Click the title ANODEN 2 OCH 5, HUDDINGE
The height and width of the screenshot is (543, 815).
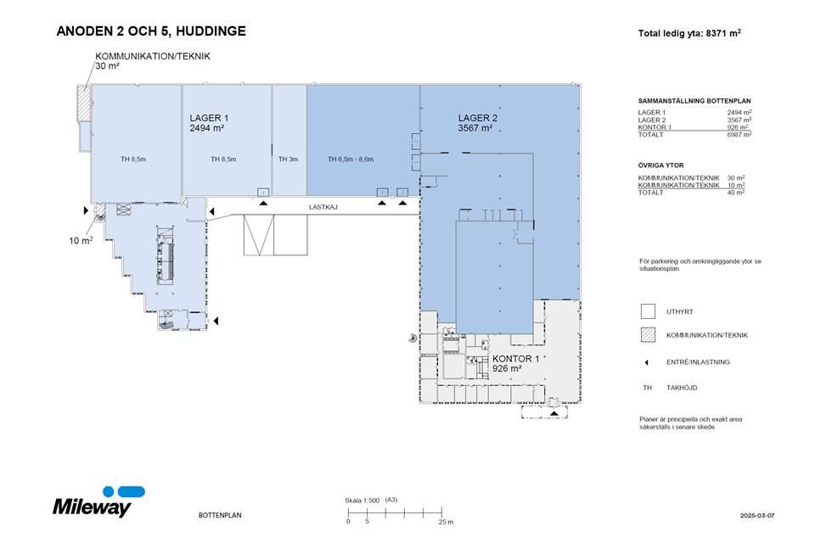[x=151, y=31]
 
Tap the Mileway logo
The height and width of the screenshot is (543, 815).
[x=98, y=502]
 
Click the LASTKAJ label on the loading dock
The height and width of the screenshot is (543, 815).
[x=323, y=207]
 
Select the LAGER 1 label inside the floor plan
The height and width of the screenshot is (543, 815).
[x=209, y=118]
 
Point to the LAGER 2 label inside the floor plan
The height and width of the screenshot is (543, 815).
[x=478, y=118]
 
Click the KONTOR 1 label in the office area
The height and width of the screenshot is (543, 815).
[x=515, y=359]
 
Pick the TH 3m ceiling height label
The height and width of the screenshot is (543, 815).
[x=288, y=159]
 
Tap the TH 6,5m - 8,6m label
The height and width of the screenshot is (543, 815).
[x=351, y=159]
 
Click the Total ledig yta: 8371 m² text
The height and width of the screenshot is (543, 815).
[x=689, y=33]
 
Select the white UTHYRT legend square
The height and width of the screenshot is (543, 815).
[x=648, y=311]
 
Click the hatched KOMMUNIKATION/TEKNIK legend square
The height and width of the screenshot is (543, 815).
[x=648, y=335]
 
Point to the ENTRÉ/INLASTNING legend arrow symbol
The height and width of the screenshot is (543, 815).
[x=647, y=362]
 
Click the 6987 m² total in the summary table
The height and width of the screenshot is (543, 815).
[x=739, y=135]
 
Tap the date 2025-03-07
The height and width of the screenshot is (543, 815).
[x=757, y=516]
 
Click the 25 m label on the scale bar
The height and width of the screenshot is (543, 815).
[x=446, y=522]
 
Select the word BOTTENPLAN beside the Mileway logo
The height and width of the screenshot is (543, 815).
[x=220, y=516]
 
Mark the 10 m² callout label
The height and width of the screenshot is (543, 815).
[x=81, y=240]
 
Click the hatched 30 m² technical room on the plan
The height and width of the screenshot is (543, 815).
[x=84, y=104]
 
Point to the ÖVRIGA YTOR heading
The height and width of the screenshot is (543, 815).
[x=660, y=165]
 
